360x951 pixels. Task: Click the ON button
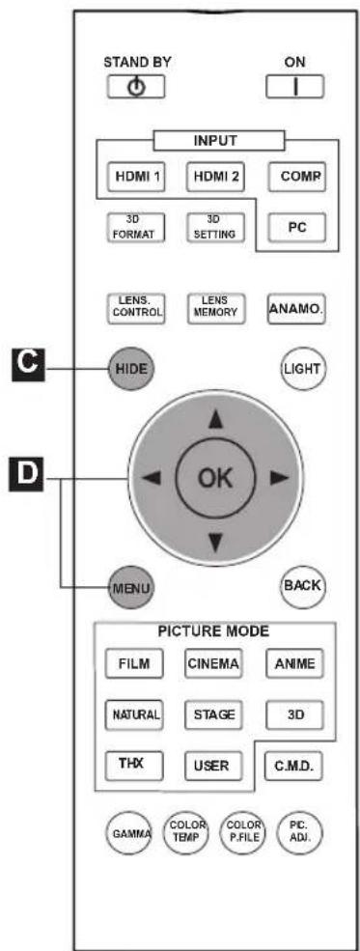click(294, 87)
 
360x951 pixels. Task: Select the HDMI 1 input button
click(136, 177)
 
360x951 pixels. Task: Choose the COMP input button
click(295, 177)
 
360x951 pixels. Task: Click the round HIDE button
click(129, 368)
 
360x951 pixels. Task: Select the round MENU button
click(129, 587)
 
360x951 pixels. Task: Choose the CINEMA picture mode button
click(212, 663)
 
